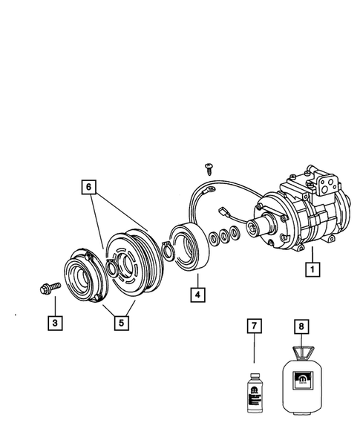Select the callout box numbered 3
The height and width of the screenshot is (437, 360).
[x=55, y=323]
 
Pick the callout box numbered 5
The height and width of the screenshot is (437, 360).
[x=118, y=323]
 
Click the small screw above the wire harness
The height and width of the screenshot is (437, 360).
[x=209, y=168]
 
